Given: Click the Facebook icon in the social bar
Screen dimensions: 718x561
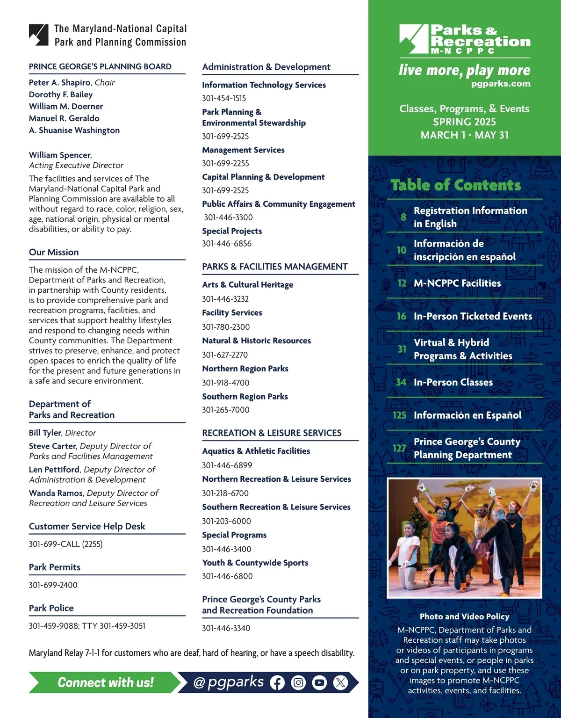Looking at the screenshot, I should pos(277,683).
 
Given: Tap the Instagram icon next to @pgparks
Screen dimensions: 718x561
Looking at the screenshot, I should pos(298,683).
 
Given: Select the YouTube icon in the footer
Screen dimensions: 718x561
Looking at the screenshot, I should pos(319,683).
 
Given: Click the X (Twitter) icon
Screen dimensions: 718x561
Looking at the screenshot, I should pos(340,683).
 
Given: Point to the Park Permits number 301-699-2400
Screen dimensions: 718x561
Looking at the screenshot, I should pos(53,585).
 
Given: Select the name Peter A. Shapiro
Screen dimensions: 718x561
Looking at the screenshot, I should pos(59,82).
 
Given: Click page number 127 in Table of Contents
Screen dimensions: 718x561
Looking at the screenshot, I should pos(400,448).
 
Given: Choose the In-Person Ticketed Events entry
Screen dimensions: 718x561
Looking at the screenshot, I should pos(473,316).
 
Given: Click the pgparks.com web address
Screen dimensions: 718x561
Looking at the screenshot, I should pos(501,84).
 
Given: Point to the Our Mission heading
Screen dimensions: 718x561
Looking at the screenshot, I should pos(54,252).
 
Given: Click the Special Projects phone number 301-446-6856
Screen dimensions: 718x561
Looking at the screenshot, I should pos(227,244).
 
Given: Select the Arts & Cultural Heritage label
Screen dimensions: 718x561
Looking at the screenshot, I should pos(248,284).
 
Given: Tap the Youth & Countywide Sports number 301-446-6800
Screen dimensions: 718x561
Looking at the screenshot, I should pos(227,576).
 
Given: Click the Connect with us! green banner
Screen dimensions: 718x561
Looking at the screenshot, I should pos(105,682).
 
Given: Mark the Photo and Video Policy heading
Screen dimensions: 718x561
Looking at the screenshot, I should pos(464,616).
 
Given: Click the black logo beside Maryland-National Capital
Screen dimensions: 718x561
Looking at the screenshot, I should pos(38,35).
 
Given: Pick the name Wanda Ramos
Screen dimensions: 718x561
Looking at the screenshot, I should pos(56,493).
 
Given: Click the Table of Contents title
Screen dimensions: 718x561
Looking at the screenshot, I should pos(456,185).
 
